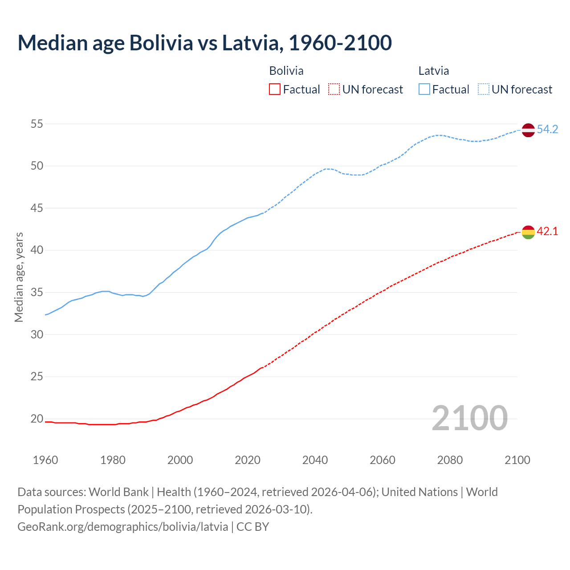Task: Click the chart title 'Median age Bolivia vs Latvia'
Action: coord(204,43)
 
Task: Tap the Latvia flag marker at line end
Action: coord(528,130)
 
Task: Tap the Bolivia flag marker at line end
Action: coord(528,232)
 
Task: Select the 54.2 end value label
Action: coord(547,130)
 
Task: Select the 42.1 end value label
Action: coord(547,232)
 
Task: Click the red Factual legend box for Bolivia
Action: coord(275,90)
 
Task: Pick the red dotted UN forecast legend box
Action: coord(334,90)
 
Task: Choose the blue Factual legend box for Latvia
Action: coord(424,90)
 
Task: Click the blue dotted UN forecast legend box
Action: coord(484,90)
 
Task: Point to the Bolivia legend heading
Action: coord(286,71)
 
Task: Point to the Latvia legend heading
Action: coord(433,71)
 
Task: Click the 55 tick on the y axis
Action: coord(37,124)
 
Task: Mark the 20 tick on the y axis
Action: coord(37,419)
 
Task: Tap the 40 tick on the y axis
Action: coord(37,250)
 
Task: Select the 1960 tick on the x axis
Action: coord(45,460)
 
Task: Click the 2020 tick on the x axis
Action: coord(248,460)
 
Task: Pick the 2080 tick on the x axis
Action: coord(450,460)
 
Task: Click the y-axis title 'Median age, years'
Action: coord(19,277)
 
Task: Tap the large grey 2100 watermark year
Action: coord(469,418)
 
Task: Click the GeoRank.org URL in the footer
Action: coord(123,527)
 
